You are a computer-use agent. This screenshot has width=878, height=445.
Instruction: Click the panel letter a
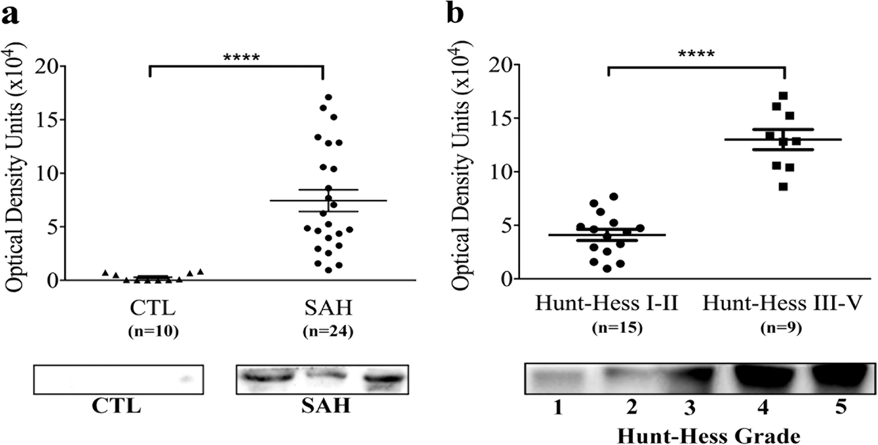pyautogui.click(x=11, y=16)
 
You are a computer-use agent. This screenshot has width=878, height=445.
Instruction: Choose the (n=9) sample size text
pyautogui.click(x=785, y=330)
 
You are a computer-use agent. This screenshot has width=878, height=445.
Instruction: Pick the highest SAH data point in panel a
pyautogui.click(x=329, y=97)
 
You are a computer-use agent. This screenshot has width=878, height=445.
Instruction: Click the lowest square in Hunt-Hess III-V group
pyautogui.click(x=783, y=186)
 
